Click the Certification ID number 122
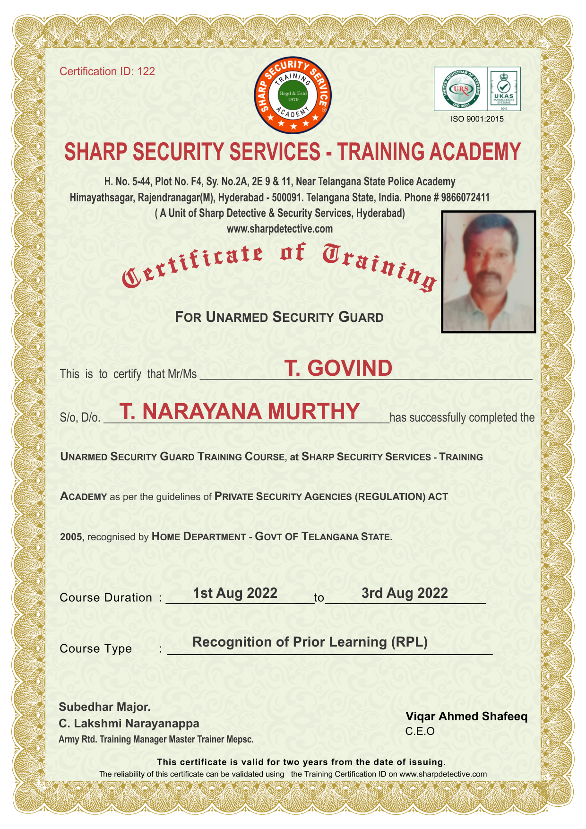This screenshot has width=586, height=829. point(146,71)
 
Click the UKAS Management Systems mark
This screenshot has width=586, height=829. point(503,89)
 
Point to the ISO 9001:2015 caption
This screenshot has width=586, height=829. point(477,119)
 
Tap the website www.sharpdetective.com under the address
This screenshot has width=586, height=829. point(280,229)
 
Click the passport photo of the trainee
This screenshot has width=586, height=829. point(488,272)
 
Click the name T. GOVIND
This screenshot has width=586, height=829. point(338,368)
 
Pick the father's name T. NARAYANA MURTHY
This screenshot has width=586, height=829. point(240,411)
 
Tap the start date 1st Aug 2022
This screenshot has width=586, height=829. point(235,593)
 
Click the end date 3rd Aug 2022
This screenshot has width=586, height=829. point(405,593)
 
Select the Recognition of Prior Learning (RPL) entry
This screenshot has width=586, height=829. point(310,642)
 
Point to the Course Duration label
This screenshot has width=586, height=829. point(106,598)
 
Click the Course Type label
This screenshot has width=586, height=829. point(96,648)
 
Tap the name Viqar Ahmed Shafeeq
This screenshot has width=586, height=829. point(466,717)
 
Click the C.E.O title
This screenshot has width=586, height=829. point(420,732)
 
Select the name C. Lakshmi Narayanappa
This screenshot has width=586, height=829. point(129,724)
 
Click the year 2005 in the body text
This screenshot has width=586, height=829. point(71,537)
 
